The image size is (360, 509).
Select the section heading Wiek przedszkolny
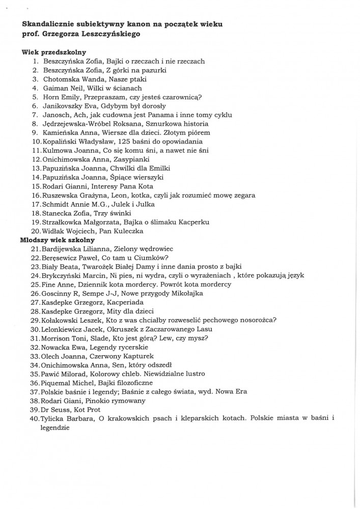click(53, 52)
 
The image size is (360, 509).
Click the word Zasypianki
click(127, 159)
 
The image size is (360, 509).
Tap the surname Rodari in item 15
click(57, 186)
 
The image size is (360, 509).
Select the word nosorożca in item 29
click(256, 320)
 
